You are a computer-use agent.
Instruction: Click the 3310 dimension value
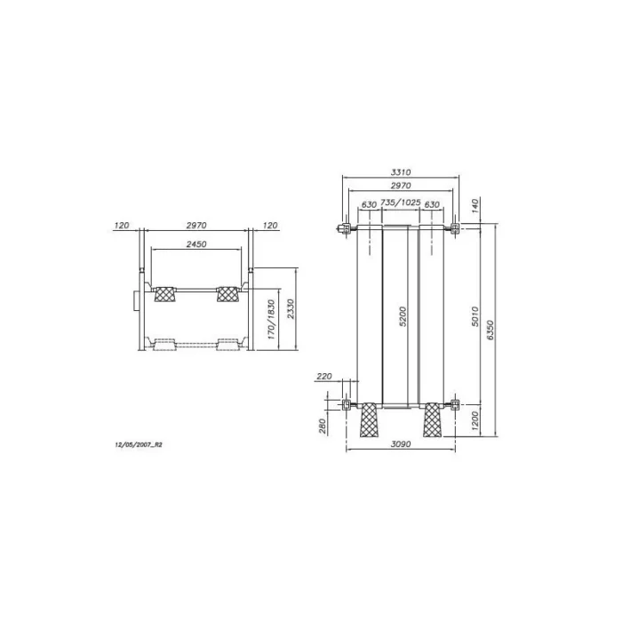click(401, 172)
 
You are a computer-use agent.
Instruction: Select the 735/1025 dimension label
click(400, 203)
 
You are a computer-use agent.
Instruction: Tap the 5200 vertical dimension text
click(403, 316)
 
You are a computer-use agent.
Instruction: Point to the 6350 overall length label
click(490, 330)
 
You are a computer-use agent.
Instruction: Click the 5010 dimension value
click(475, 316)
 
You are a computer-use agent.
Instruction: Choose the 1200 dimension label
click(475, 422)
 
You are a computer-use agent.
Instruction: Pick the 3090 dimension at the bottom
click(401, 444)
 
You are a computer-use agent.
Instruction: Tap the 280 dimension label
click(322, 426)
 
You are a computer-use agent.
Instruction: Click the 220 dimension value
click(324, 376)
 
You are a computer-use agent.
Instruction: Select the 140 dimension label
click(475, 206)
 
